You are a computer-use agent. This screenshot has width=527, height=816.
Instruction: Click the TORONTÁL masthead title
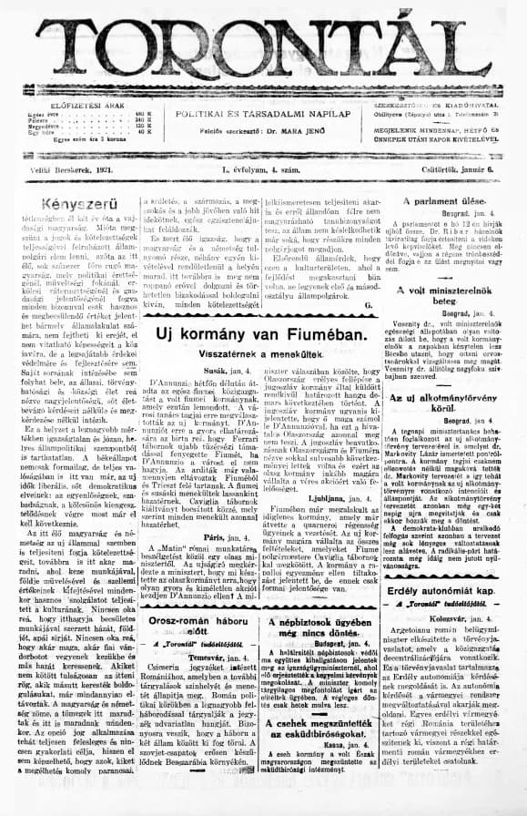coord(263,46)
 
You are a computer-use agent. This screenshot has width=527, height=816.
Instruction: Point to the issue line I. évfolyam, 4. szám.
coord(261,169)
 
